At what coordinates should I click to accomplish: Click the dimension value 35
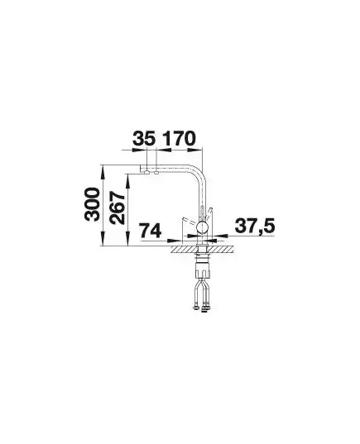coord(144,138)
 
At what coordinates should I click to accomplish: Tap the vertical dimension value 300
coord(92,204)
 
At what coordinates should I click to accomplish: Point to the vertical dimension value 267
coord(118,208)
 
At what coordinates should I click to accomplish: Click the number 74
coord(151,230)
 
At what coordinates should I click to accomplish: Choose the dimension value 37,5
coord(255,226)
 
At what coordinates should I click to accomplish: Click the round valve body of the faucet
coord(202,227)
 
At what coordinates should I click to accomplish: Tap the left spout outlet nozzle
coord(146,172)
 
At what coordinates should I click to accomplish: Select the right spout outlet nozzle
coord(156,172)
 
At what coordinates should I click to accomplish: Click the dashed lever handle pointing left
coord(189,220)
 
